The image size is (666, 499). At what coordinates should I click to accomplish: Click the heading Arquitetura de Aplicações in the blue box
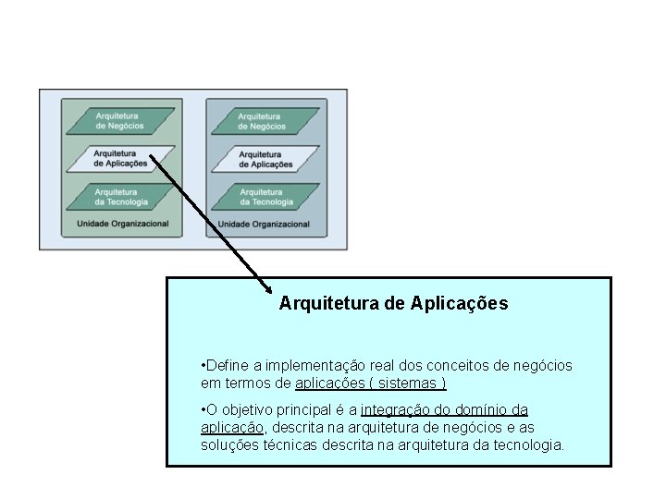393,303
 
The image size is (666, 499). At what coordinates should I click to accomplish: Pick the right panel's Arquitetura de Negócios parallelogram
263,121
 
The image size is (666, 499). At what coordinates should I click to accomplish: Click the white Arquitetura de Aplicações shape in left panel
119,158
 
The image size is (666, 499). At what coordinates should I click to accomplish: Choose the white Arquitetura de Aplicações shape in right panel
265,159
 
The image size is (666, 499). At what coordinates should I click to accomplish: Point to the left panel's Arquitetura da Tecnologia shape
119,196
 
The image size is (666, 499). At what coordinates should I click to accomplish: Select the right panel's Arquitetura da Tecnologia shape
265,197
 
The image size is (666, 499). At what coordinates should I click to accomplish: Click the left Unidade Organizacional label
122,224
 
